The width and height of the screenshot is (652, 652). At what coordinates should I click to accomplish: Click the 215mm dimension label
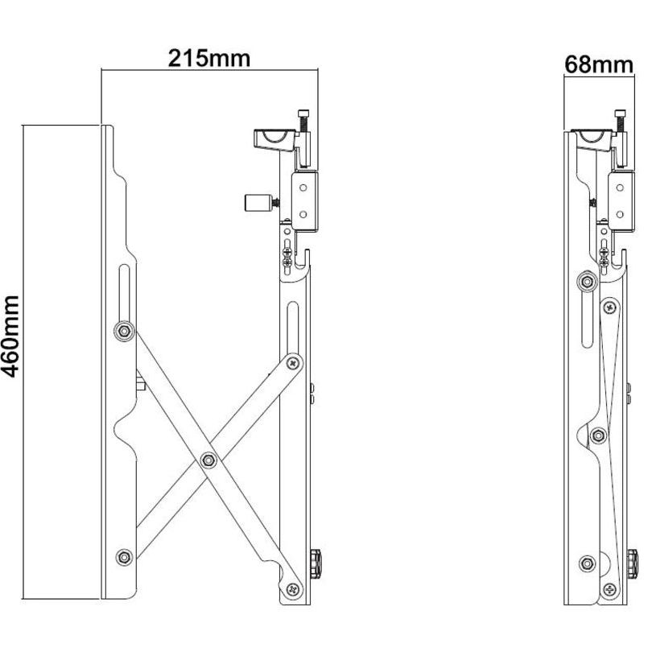pyautogui.click(x=208, y=58)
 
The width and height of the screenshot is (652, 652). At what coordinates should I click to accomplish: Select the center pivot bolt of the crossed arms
pyautogui.click(x=209, y=460)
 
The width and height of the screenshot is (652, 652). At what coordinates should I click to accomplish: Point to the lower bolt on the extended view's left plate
pyautogui.click(x=123, y=555)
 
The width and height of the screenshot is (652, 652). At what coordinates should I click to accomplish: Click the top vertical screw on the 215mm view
pyautogui.click(x=304, y=121)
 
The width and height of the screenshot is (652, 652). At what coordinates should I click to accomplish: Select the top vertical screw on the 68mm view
pyautogui.click(x=621, y=121)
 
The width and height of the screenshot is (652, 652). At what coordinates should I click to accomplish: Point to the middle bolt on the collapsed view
pyautogui.click(x=597, y=435)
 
